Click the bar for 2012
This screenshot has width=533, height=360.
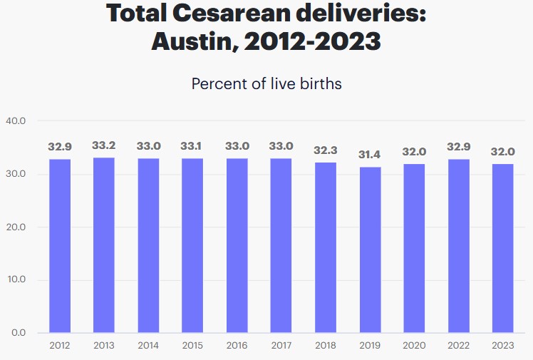click(60, 246)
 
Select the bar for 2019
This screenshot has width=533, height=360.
click(370, 250)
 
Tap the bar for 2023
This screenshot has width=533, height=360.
click(503, 248)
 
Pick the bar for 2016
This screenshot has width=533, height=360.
click(237, 245)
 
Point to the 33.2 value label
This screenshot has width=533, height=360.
click(104, 145)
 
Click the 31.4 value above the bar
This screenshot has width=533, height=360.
click(370, 155)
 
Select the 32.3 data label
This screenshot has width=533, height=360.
click(326, 150)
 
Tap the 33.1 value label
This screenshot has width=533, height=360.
click(192, 146)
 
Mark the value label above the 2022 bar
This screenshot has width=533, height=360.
click(459, 147)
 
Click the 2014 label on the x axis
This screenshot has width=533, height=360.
click(148, 346)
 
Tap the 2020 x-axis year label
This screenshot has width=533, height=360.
click(414, 346)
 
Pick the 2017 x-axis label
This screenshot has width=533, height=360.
click(281, 346)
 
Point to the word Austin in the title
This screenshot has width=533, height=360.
click(193, 41)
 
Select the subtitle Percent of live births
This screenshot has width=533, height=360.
click(266, 83)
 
